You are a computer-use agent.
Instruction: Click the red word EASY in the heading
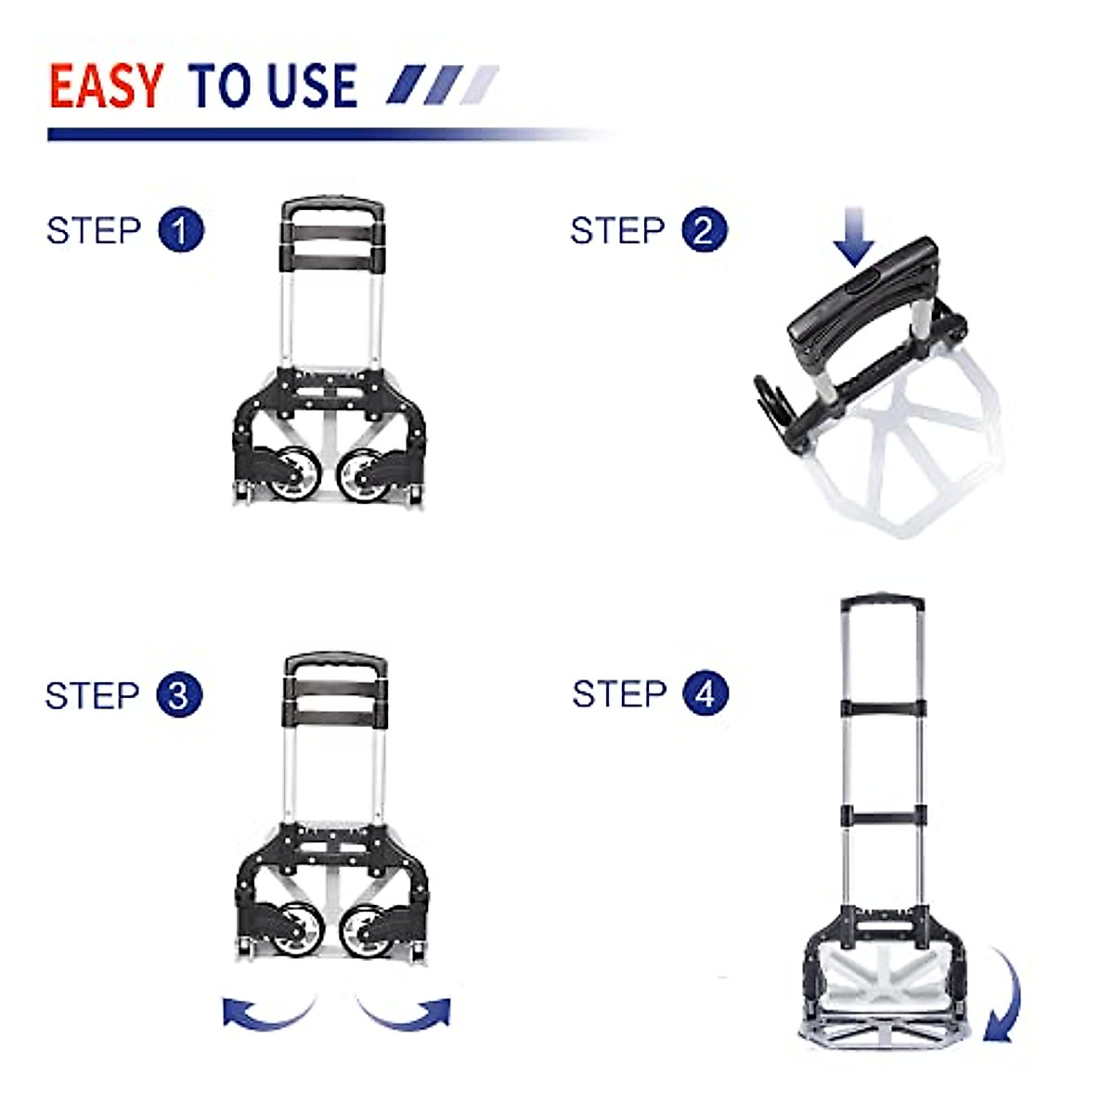coord(106,87)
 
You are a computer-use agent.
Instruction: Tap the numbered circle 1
coord(181,230)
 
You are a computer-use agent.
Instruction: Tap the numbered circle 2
coord(705,230)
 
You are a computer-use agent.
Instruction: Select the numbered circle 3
coord(179,695)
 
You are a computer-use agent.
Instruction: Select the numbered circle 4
coord(706,694)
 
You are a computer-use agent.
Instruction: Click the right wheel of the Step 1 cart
coord(360,473)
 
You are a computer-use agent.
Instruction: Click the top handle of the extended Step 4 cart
coord(882,602)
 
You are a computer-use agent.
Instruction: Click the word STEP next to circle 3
coord(92,695)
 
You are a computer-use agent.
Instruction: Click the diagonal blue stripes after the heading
coord(442,85)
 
